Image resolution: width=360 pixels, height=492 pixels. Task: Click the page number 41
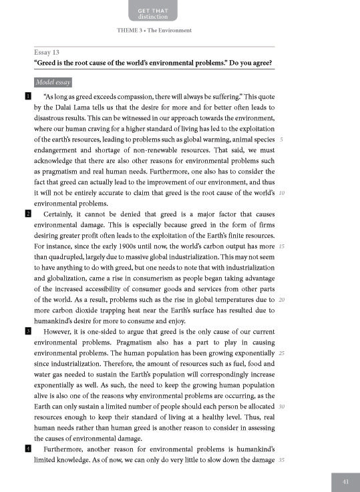(x=345, y=481)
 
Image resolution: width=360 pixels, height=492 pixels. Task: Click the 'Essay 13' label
(x=47, y=52)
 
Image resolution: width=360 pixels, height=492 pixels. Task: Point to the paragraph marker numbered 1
(x=27, y=97)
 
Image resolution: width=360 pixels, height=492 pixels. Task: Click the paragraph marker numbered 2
(x=27, y=214)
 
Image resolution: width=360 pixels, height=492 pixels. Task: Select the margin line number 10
(x=282, y=193)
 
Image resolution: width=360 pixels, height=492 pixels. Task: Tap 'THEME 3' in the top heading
(x=130, y=31)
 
